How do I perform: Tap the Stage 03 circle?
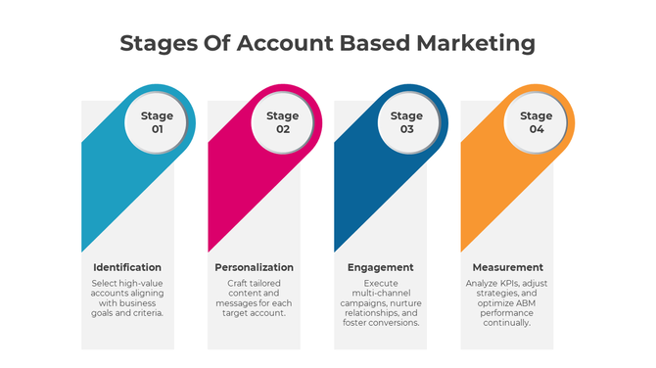pyautogui.click(x=407, y=122)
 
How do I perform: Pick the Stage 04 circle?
pyautogui.click(x=536, y=122)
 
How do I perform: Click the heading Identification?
pyautogui.click(x=127, y=267)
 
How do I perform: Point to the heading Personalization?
pyautogui.click(x=254, y=267)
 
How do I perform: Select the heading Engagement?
pyautogui.click(x=380, y=267)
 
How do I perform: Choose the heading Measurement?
pyautogui.click(x=507, y=267)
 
